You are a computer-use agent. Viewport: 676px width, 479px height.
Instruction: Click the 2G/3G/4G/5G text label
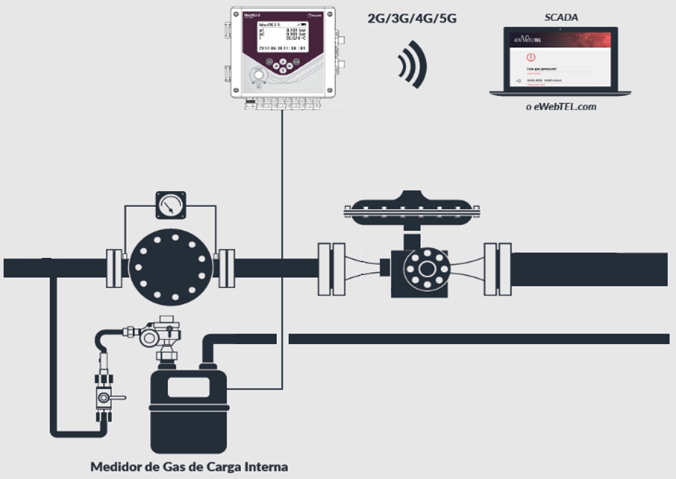412,18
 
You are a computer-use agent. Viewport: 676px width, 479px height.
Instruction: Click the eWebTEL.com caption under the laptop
560,106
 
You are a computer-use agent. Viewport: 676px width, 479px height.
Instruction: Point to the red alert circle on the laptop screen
531,56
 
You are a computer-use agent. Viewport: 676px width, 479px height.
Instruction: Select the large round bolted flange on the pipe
167,263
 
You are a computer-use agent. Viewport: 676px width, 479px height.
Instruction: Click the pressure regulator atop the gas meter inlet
161,334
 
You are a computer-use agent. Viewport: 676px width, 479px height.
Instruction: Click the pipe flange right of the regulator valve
497,268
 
